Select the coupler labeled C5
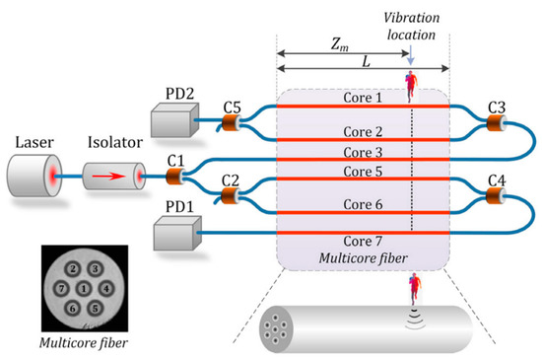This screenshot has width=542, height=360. pyautogui.click(x=234, y=124)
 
